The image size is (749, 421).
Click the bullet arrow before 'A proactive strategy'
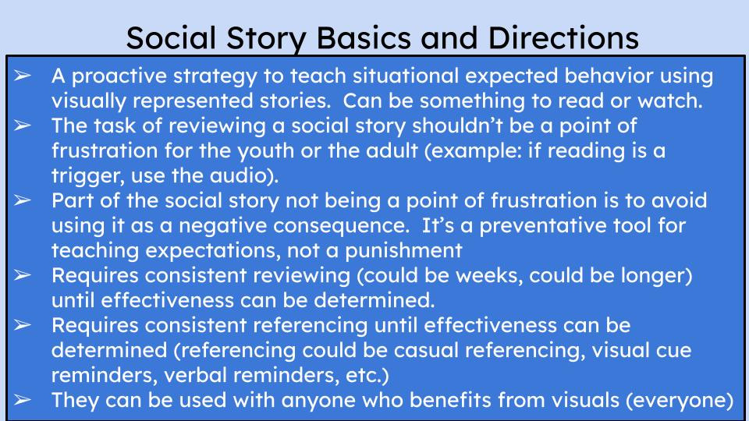[x=22, y=76]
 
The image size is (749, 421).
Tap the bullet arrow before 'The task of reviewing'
[x=22, y=126]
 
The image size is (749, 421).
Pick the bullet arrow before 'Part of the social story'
[x=22, y=200]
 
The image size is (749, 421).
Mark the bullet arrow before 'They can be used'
[x=22, y=400]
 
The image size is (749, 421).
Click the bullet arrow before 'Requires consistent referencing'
[x=22, y=325]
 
